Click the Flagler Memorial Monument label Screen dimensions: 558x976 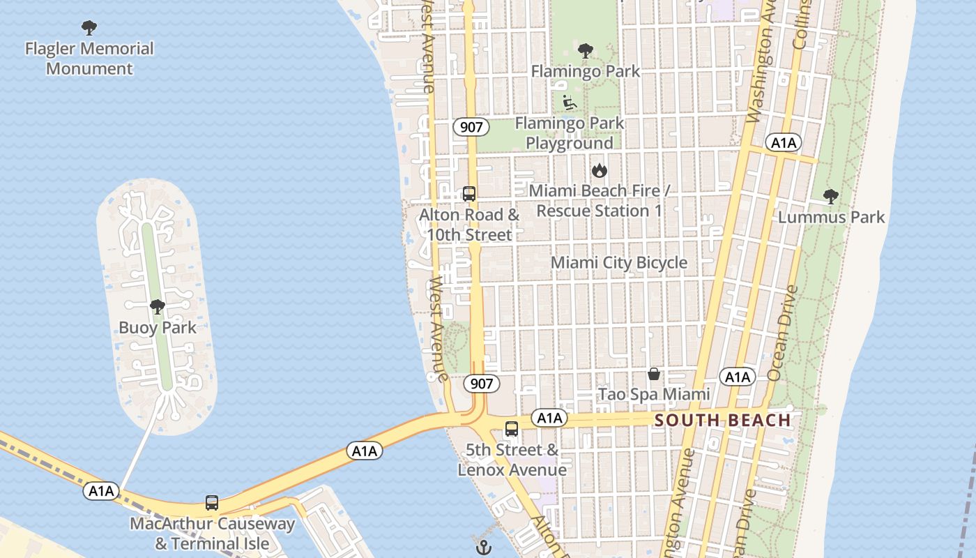[89, 59]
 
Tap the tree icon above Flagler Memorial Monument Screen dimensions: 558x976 [89, 28]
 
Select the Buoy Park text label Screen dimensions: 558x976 [158, 328]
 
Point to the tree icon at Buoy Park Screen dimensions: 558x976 [158, 306]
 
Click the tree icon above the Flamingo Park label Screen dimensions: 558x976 [586, 50]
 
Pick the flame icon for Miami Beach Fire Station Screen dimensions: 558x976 [599, 170]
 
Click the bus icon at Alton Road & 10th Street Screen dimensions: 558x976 [469, 194]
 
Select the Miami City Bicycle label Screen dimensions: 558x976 [619, 263]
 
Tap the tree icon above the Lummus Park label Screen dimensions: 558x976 [830, 196]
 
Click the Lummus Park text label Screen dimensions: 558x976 [831, 217]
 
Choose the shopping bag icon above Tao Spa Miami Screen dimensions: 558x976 [654, 374]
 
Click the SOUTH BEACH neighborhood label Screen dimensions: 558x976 [723, 421]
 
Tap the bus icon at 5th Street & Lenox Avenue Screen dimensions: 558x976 [512, 429]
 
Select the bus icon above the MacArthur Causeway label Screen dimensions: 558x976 [212, 502]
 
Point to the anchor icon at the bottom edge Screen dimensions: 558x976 [484, 547]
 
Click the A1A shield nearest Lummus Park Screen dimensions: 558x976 [784, 143]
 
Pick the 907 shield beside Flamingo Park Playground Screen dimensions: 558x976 [471, 127]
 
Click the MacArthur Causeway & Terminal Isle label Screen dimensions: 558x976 [212, 534]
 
